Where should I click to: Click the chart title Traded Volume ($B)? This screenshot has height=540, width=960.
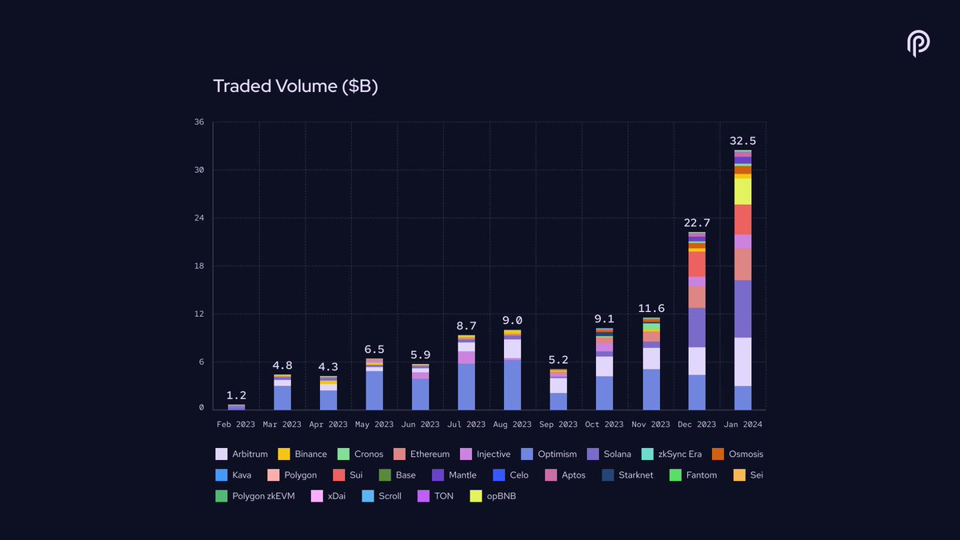click(295, 86)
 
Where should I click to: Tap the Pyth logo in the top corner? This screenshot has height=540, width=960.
click(918, 44)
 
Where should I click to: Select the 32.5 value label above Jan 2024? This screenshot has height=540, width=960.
click(742, 141)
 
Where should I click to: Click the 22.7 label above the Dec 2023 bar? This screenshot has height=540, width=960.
click(696, 222)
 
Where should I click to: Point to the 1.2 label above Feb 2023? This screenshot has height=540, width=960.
click(236, 395)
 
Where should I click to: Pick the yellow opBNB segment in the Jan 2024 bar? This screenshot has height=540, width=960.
click(742, 191)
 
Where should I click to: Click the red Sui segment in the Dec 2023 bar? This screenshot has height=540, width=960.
click(696, 264)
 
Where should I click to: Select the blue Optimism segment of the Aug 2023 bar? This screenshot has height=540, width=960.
click(512, 385)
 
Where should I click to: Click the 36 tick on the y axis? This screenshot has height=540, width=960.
click(198, 122)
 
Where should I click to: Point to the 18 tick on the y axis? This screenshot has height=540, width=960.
click(198, 266)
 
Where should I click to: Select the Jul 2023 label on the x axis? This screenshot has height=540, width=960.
click(466, 424)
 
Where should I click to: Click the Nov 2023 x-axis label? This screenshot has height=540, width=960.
click(650, 424)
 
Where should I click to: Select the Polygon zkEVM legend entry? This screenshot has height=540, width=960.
click(255, 496)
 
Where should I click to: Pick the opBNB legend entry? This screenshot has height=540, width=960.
click(497, 496)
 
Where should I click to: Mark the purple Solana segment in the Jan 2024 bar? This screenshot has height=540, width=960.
click(742, 309)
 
